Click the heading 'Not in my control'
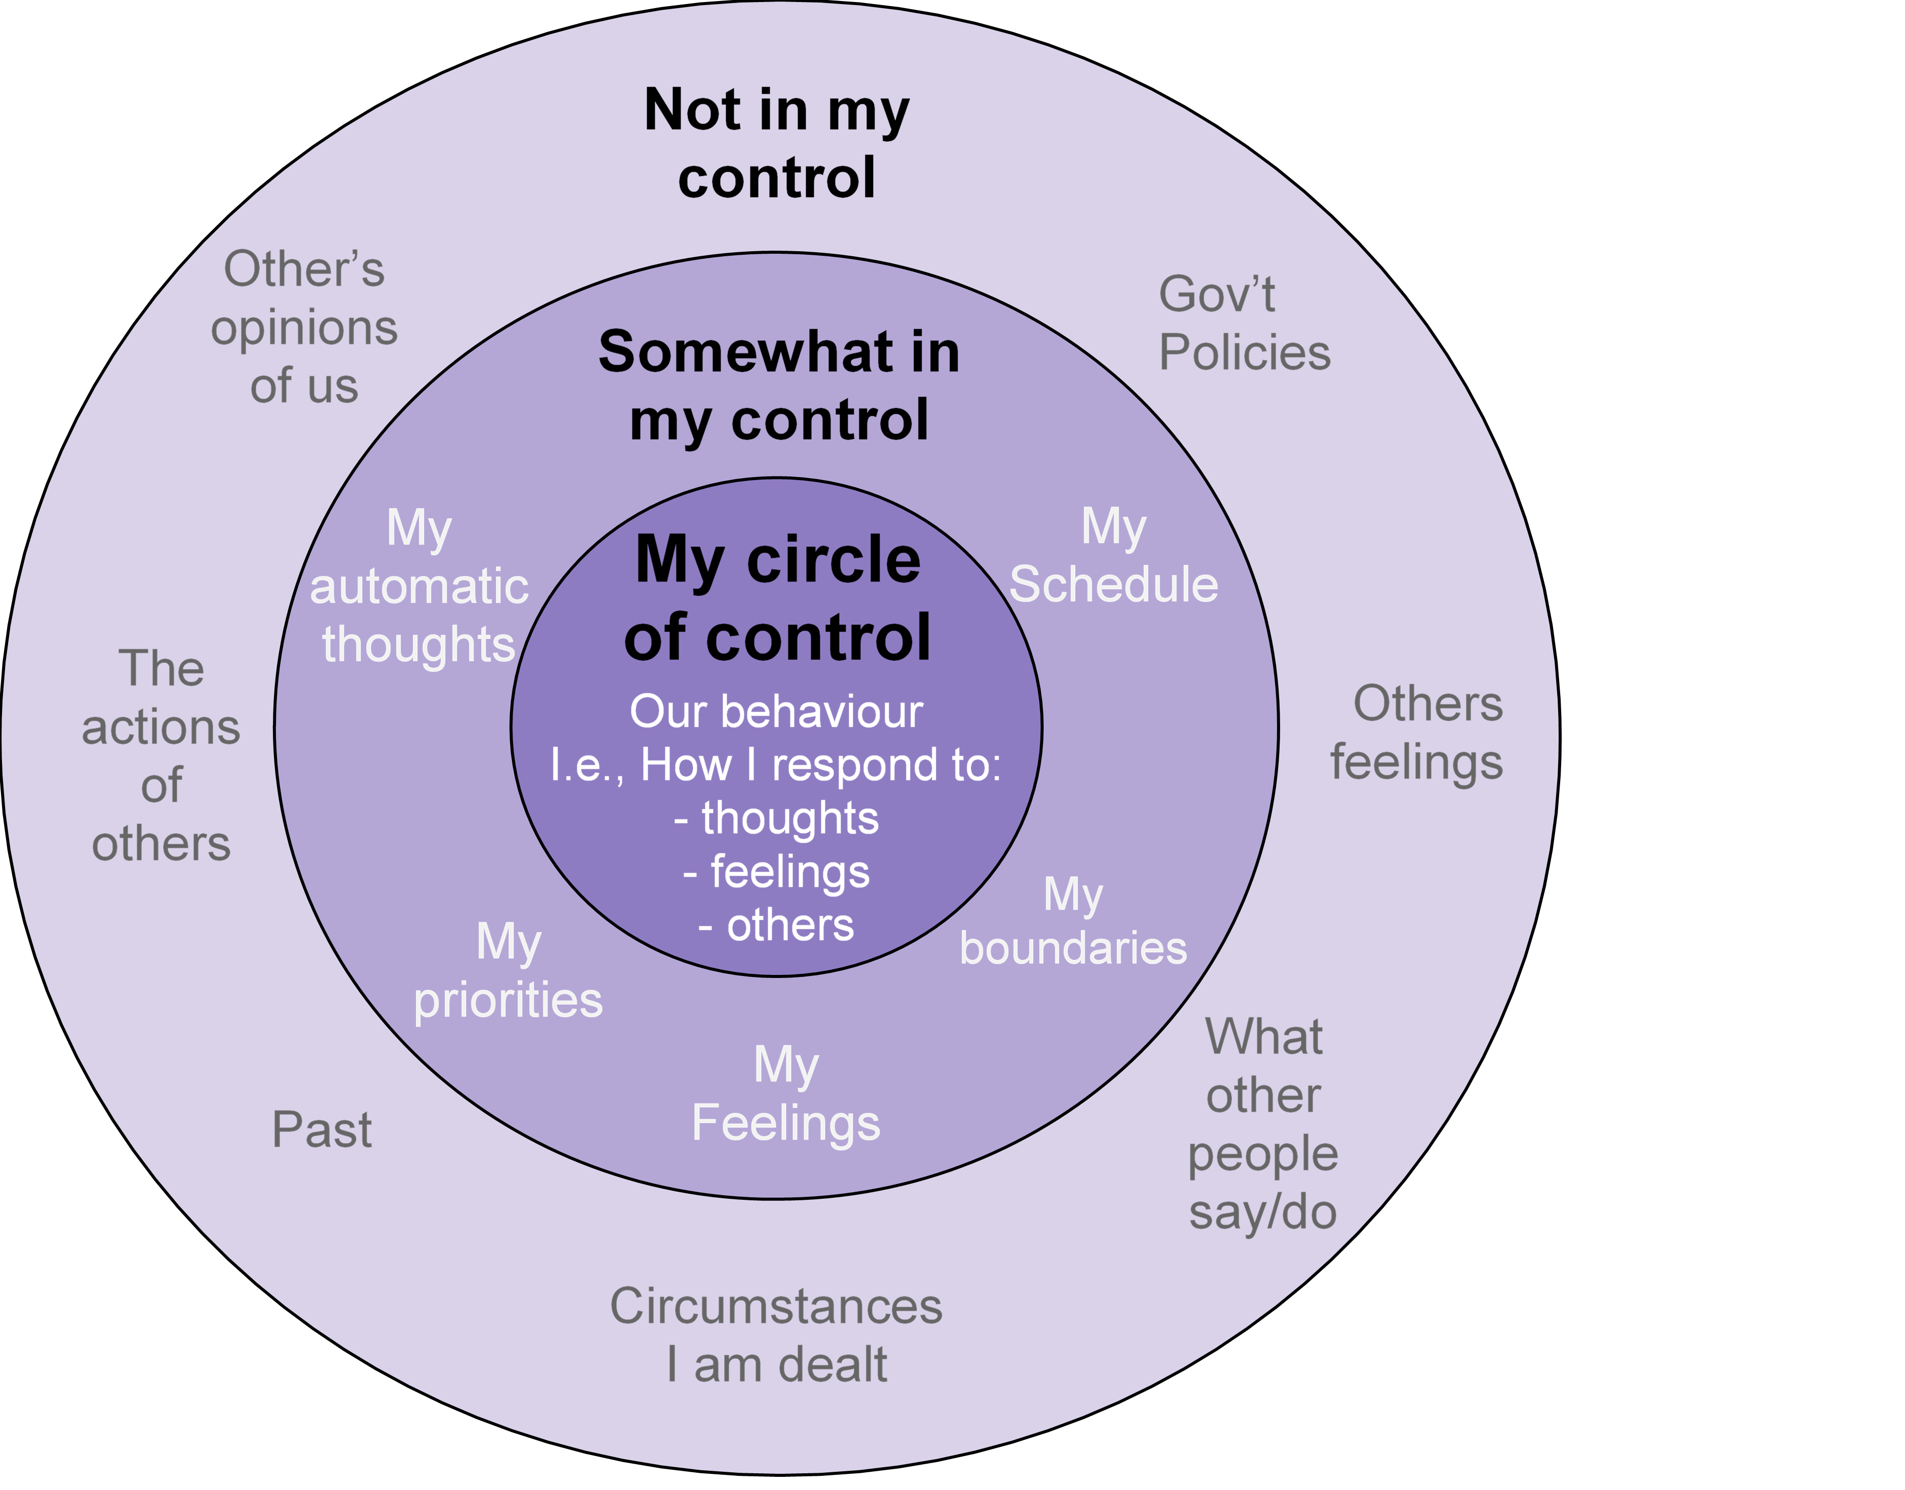click(x=776, y=144)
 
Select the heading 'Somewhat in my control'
click(x=779, y=385)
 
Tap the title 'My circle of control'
click(x=777, y=598)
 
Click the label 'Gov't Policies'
click(x=1244, y=323)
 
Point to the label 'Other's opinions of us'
click(x=303, y=327)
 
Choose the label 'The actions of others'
click(x=162, y=756)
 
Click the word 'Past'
click(x=322, y=1130)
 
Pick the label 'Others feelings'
click(x=1417, y=733)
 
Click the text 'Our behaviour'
click(x=776, y=711)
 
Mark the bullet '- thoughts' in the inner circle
click(x=776, y=818)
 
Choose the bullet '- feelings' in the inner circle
click(x=776, y=872)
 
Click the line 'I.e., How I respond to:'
click(x=776, y=765)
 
